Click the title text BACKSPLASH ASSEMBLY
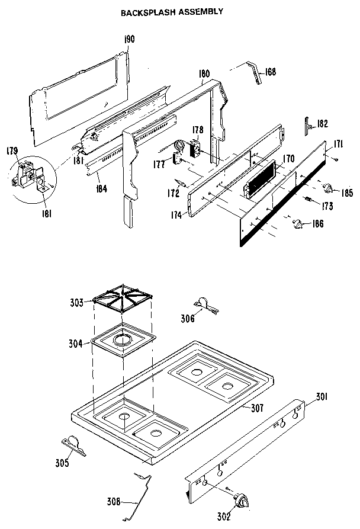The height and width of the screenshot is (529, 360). point(172,11)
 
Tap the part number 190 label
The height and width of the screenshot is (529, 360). point(129,39)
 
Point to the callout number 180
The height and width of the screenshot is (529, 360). point(204,74)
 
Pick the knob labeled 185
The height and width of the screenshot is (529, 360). point(327,189)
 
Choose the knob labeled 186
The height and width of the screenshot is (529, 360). point(299,223)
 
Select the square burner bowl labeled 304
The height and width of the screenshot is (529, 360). point(123,342)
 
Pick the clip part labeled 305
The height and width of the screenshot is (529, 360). point(74,443)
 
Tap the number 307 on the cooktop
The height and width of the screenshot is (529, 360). point(256,408)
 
